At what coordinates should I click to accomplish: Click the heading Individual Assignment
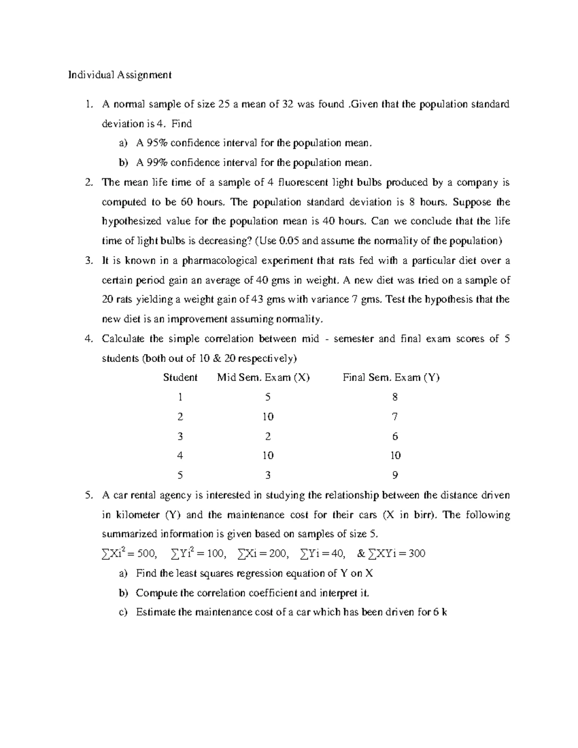pos(119,75)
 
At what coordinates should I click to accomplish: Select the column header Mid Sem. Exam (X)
pos(263,377)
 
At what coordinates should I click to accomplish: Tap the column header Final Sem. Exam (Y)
pos(391,377)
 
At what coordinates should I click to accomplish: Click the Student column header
pos(180,377)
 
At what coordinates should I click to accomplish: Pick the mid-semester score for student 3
pos(268,436)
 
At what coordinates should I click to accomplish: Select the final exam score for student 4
pos(395,456)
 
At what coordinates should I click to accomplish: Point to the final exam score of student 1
pos(395,397)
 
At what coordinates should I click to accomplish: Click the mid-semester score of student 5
pos(268,475)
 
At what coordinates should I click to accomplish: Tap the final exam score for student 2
pos(395,417)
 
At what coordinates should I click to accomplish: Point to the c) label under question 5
pos(123,612)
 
